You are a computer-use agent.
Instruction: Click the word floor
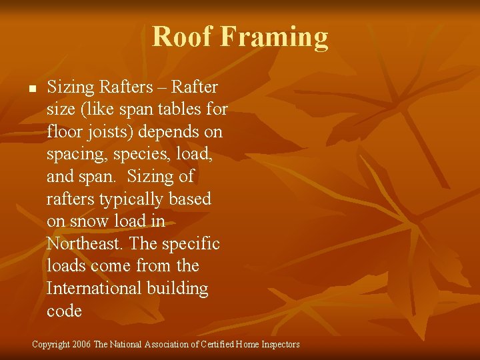point(64,132)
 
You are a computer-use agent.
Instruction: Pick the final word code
point(64,311)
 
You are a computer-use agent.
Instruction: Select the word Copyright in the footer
point(51,345)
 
